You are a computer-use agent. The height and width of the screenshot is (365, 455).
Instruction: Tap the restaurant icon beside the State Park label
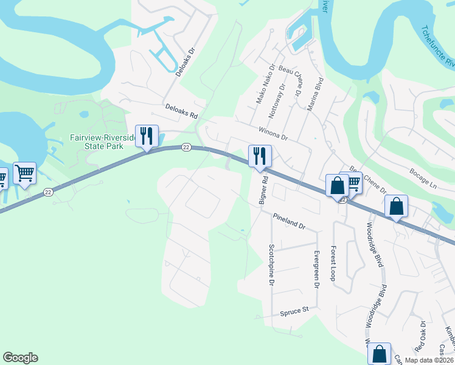tap(147, 136)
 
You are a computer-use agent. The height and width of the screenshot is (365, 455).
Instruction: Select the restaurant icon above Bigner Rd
tap(260, 156)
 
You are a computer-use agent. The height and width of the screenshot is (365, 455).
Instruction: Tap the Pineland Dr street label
tap(288, 220)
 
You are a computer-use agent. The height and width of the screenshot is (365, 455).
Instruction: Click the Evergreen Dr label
tap(316, 269)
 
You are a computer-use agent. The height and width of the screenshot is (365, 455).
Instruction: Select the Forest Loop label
tap(333, 263)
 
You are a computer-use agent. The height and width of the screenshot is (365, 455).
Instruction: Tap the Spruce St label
tap(294, 311)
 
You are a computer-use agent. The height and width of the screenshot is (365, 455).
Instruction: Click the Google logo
tap(20, 358)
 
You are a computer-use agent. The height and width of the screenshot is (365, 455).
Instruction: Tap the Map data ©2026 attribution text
tap(428, 360)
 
